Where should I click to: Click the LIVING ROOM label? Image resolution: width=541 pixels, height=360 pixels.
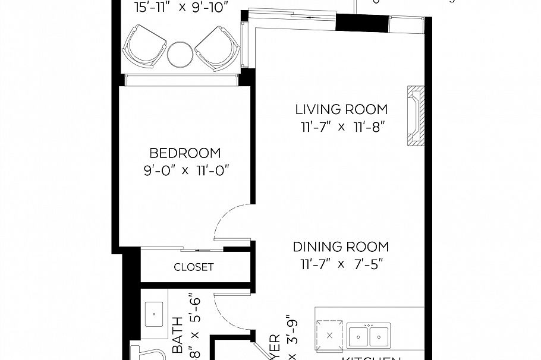tap(341, 109)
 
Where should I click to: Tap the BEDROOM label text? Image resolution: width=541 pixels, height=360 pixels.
tap(185, 153)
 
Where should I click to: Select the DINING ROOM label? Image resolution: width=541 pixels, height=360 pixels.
tap(341, 247)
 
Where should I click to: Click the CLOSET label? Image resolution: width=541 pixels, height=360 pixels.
tap(193, 267)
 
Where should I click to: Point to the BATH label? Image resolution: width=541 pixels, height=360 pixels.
tap(177, 343)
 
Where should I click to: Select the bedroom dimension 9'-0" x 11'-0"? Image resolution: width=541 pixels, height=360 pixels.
tap(185, 170)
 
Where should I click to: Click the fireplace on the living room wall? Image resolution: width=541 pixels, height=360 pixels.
tap(414, 116)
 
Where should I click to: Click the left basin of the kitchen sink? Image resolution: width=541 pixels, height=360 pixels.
tap(358, 336)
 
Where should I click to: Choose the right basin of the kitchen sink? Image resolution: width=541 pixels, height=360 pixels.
tap(378, 336)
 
